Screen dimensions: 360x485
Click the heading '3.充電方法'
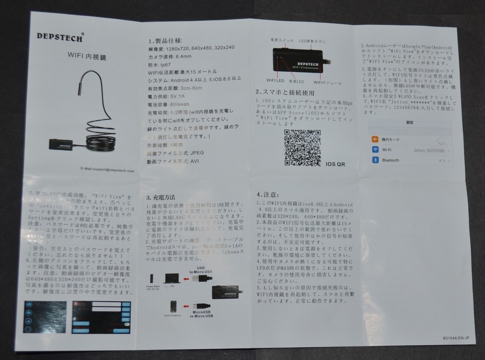point(161,198)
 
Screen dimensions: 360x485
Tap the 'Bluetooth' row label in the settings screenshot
point(390,160)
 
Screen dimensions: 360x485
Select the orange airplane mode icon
point(374,139)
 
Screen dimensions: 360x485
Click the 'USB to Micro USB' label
point(199,272)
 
